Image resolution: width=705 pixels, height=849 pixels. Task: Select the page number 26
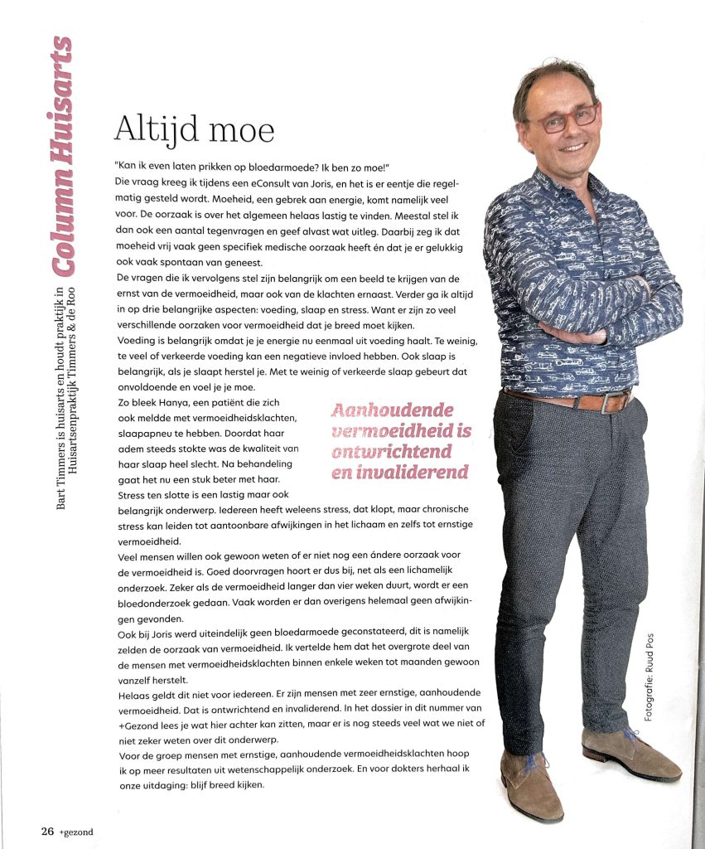(x=24, y=829)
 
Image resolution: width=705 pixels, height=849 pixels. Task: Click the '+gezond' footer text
(x=56, y=829)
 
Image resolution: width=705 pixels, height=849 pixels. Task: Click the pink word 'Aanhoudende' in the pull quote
(x=392, y=410)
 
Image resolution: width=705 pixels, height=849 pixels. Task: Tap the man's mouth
(x=572, y=146)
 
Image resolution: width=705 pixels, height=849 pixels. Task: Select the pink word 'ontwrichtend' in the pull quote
(x=392, y=452)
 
